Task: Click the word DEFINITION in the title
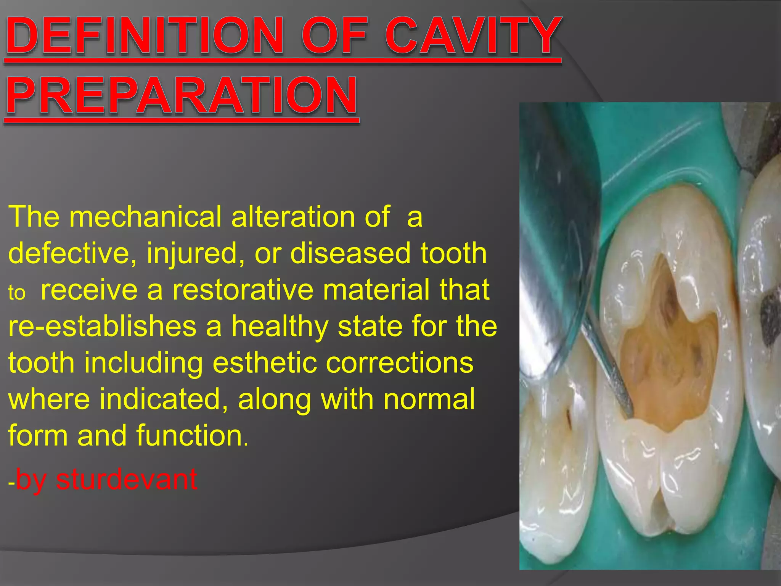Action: click(145, 36)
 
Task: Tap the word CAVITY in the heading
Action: click(473, 36)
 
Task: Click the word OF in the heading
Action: click(336, 36)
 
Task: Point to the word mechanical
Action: click(145, 217)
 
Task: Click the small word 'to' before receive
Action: click(17, 293)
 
